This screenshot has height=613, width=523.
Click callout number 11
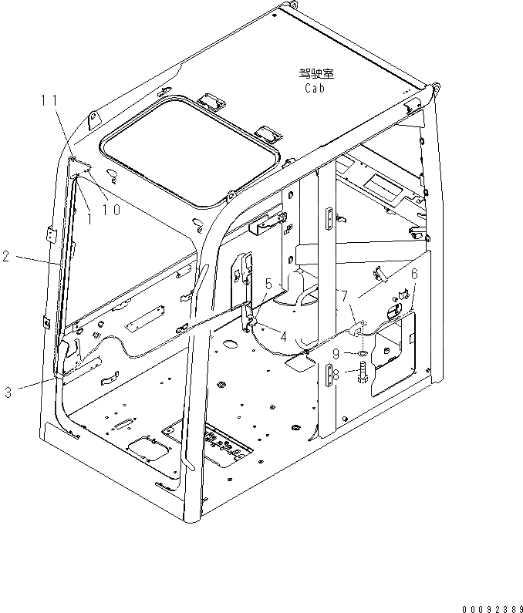(49, 99)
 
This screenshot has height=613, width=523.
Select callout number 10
(111, 210)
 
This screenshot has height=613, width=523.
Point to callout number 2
(5, 257)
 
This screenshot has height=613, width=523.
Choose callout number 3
(8, 392)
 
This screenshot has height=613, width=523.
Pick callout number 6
(413, 274)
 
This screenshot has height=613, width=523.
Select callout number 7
(344, 295)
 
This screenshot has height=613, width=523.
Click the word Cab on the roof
(313, 88)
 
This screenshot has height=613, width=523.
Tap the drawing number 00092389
(487, 605)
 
